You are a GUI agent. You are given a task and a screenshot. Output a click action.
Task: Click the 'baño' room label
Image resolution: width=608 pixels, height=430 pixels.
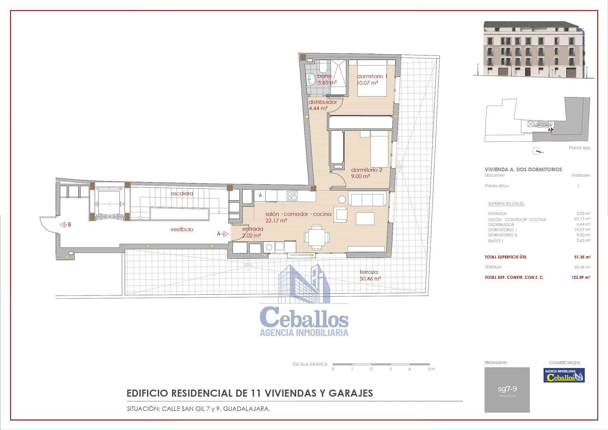324,76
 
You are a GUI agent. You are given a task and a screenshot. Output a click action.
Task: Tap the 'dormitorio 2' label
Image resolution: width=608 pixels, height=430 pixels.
366,170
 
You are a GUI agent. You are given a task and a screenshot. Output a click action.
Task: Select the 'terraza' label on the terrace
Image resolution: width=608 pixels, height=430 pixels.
368,272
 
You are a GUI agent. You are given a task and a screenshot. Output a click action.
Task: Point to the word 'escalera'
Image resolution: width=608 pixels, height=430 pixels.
182,193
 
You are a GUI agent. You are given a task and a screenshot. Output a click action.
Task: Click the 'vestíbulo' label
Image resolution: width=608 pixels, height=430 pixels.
182,229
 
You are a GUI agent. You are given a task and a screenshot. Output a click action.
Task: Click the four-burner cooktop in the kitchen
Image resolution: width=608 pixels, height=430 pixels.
292,196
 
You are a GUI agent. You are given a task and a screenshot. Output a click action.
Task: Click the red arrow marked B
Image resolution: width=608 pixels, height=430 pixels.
63,225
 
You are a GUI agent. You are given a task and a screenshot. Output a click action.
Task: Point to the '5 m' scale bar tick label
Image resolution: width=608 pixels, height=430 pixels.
431,369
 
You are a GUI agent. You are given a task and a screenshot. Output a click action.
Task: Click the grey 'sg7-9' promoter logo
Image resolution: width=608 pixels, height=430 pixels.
507,390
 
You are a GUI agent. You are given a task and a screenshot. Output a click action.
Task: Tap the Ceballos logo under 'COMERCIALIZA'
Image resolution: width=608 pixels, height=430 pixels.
564,375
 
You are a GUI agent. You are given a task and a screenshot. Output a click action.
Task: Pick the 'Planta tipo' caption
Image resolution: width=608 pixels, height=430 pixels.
579,148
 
